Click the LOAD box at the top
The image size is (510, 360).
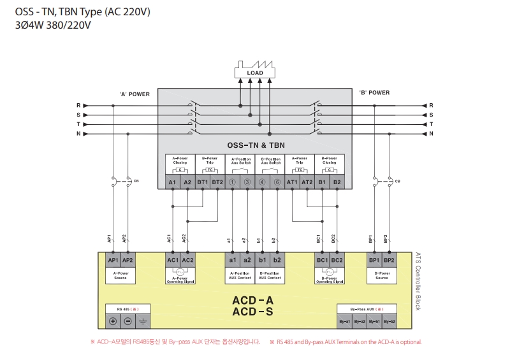coord(255,73)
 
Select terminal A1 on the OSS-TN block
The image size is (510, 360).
coord(172,182)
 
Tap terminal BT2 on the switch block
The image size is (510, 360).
coord(217,182)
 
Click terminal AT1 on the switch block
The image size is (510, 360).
coord(292,182)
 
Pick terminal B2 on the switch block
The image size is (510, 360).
coord(337,182)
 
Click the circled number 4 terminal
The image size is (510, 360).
coord(262,182)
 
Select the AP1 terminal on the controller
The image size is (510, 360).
coord(113,261)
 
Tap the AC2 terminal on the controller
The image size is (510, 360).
coord(187,261)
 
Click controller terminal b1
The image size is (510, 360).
coord(262,261)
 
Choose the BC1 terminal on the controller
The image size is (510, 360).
coord(322,261)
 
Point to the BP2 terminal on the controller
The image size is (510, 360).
coord(389,261)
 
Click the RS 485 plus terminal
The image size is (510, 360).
coord(113,321)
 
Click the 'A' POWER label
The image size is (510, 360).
coord(134,94)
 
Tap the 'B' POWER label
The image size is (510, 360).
coord(374,92)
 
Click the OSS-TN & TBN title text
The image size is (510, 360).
coord(254,145)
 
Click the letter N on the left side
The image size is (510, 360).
coord(78,134)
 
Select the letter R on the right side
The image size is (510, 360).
coord(431,105)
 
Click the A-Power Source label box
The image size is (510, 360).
coord(120,275)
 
